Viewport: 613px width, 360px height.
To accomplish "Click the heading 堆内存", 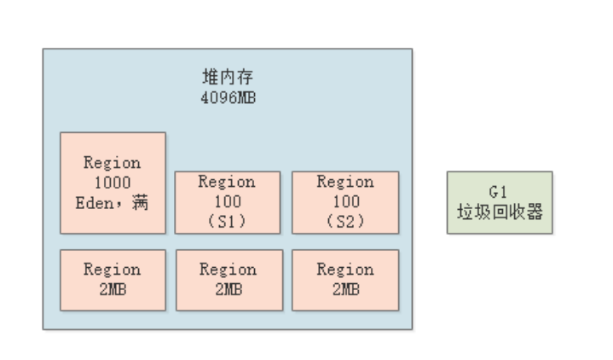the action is pos(228,77).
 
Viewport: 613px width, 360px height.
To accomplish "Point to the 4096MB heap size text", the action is pos(228,97).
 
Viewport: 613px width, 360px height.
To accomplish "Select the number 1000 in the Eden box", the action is pos(113,183).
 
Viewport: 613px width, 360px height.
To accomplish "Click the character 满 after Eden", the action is pos(140,203).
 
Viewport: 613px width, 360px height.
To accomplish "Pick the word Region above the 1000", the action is pos(113,163).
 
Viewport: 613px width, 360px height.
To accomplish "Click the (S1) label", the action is pos(227,222).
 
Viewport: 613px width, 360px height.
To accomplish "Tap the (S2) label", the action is pos(345,222).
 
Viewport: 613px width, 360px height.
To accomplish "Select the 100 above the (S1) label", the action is pos(228,201).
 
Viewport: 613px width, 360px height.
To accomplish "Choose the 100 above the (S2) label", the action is pos(346,201).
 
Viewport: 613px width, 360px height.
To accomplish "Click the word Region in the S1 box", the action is pos(227,182).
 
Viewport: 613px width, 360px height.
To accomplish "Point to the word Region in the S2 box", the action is pos(345,182).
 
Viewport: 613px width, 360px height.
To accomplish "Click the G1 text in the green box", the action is pos(498,192).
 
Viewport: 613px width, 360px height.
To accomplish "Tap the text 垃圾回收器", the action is pos(500,212).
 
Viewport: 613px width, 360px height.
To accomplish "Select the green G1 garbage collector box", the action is pos(500,203).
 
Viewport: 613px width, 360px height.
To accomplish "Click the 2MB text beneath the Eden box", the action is pos(113,289).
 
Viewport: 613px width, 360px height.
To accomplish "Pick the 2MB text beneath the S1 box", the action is pos(228,289).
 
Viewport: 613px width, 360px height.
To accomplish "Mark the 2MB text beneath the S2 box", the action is pos(346,289).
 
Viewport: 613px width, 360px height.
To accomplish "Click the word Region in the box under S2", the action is pos(345,270).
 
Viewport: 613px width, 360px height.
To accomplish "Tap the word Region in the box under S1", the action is pos(228,270).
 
